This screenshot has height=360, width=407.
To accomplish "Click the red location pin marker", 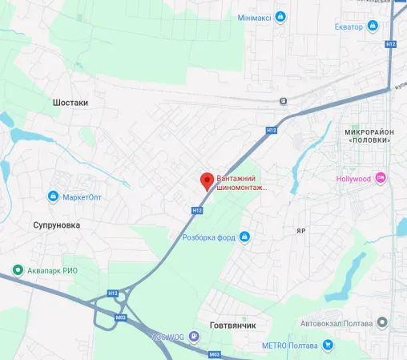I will click(x=206, y=180).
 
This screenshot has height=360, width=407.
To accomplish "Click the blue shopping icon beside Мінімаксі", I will click(x=280, y=16).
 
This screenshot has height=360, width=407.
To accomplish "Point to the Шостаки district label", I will click(x=70, y=103).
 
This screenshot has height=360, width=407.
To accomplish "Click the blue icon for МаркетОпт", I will click(x=53, y=196).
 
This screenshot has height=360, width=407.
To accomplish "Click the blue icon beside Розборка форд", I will click(x=245, y=236).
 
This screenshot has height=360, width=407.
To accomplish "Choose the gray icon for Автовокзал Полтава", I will click(x=383, y=323).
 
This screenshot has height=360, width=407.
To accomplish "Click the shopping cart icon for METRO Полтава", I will click(x=327, y=345).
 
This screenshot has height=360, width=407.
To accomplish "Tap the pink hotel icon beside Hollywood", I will click(x=381, y=178).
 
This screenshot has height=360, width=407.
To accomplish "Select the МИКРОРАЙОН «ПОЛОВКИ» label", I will click(x=369, y=135).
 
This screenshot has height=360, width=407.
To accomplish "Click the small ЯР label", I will click(x=300, y=230).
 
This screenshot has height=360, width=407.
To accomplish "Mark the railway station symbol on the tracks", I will click(x=284, y=101).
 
